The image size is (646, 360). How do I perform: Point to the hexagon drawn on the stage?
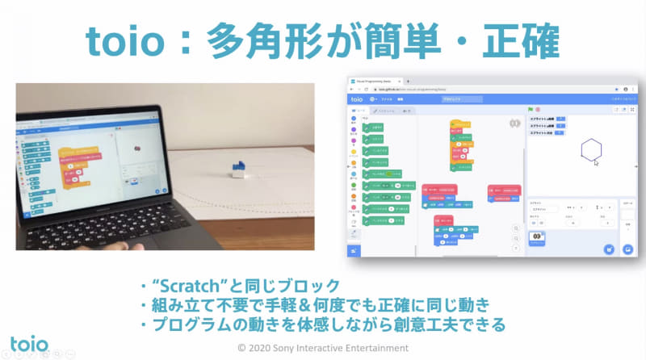coord(592,149)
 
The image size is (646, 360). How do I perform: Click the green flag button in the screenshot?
coord(530,108)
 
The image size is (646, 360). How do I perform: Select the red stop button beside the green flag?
coord(538,108)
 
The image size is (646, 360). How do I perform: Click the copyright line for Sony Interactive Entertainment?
coord(323,348)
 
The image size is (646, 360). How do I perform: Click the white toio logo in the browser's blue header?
coord(357,98)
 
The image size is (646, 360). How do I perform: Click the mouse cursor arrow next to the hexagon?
coord(595,162)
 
